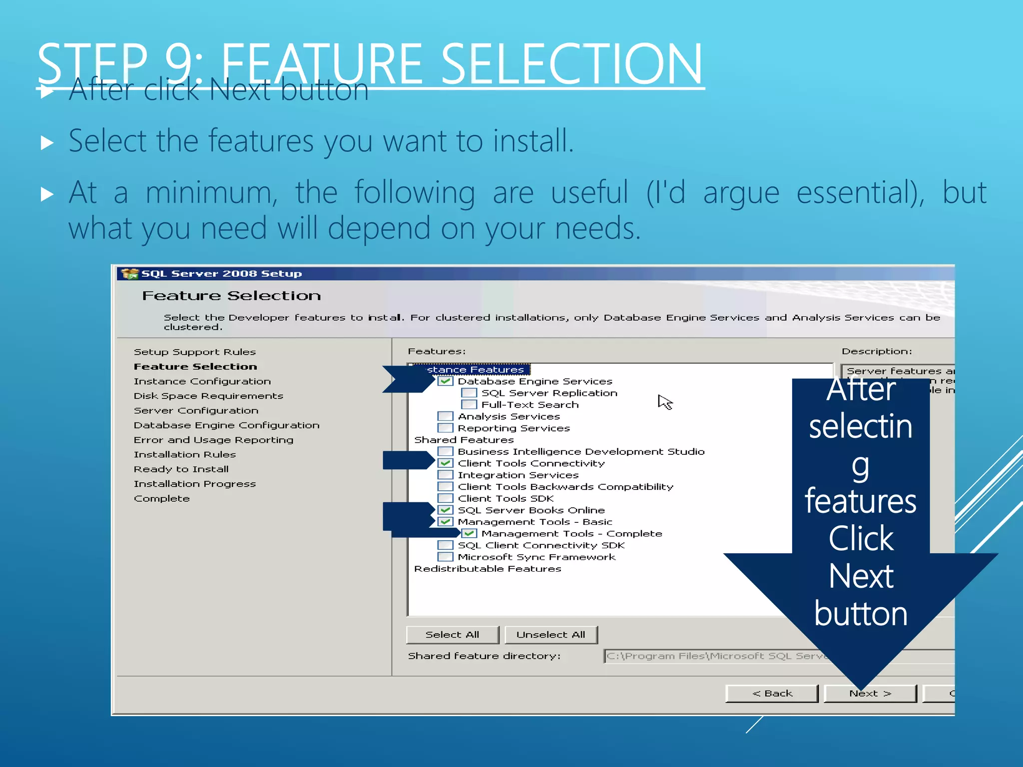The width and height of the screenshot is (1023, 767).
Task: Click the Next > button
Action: tap(870, 694)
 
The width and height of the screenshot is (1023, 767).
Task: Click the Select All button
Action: tap(452, 635)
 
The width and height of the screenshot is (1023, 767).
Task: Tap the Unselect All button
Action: tap(550, 635)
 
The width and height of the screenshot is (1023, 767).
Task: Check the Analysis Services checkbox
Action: tap(445, 416)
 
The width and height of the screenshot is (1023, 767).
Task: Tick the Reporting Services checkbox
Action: tap(445, 428)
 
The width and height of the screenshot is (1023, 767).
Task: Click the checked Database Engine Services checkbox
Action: tap(445, 382)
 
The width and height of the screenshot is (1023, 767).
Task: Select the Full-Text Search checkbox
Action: tap(469, 404)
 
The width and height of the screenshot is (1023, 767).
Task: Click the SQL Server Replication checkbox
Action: tap(469, 393)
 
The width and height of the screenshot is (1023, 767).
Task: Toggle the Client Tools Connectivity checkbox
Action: tap(445, 463)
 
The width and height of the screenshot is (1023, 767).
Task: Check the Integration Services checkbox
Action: tap(445, 475)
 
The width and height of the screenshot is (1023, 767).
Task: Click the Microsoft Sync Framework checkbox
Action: tap(445, 557)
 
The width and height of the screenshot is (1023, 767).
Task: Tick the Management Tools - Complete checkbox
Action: tap(469, 534)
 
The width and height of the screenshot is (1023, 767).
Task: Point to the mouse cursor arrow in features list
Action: tap(664, 400)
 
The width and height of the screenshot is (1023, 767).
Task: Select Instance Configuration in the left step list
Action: tap(202, 382)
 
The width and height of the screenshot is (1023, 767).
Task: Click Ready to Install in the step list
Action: tap(181, 469)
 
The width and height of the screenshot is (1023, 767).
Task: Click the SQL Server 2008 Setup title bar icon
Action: tap(130, 274)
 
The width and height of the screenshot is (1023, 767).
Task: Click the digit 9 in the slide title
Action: tap(179, 64)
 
